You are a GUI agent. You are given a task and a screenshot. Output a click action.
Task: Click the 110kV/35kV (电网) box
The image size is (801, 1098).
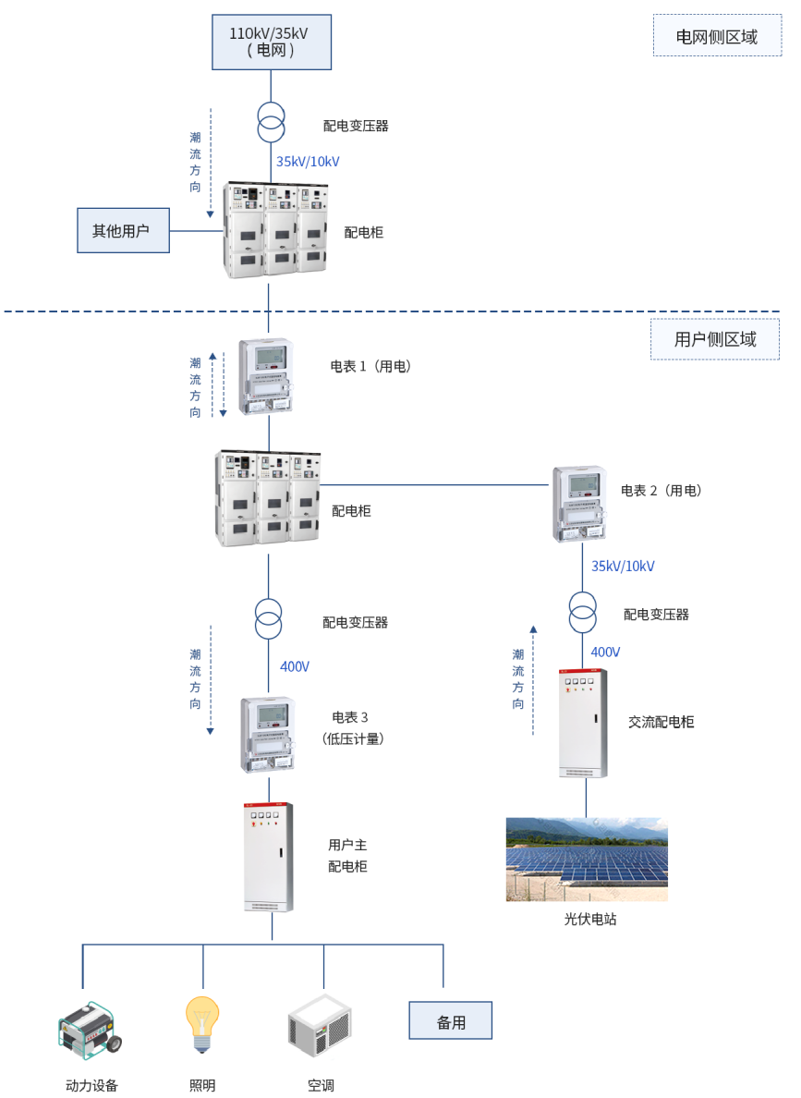click(x=271, y=42)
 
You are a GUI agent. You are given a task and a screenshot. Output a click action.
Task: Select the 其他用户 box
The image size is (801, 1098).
click(x=123, y=230)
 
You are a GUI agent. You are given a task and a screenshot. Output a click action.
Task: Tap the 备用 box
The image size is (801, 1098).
click(x=450, y=1020)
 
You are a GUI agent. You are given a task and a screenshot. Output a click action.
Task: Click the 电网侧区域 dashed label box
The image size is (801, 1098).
click(x=716, y=36)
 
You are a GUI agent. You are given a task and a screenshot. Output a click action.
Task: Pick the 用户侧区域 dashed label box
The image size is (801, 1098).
click(x=714, y=339)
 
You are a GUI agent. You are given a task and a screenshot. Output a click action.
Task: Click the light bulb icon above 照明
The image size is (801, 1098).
click(x=202, y=1024)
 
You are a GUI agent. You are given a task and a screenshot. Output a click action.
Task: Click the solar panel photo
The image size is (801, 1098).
click(x=586, y=859)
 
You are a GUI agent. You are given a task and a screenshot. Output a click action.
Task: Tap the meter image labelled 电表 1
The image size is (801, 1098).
click(x=266, y=375)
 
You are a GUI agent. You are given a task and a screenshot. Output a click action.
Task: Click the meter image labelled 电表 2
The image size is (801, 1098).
click(x=579, y=503)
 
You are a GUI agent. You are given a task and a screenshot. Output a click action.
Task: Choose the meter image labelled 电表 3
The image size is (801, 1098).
click(x=268, y=735)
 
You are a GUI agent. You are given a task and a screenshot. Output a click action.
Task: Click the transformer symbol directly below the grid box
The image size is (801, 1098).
click(x=271, y=123)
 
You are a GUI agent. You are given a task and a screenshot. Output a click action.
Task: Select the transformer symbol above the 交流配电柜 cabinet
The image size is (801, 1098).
click(x=582, y=612)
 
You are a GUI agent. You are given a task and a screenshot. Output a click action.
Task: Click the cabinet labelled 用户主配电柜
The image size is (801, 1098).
click(x=268, y=857)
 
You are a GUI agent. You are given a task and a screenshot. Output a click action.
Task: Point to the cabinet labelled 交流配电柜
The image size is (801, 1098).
click(x=583, y=723)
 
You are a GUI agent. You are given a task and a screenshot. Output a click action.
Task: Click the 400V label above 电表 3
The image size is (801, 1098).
click(x=294, y=666)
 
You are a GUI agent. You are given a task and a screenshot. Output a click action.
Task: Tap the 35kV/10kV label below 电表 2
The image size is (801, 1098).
click(x=623, y=566)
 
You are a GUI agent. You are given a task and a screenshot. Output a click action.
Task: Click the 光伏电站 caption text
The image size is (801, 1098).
click(x=589, y=920)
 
